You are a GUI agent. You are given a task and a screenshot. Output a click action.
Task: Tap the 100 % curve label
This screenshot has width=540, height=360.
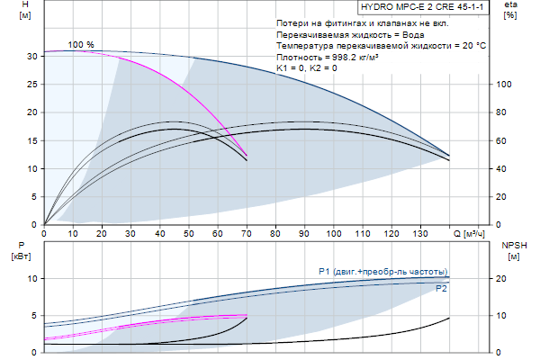[81, 44]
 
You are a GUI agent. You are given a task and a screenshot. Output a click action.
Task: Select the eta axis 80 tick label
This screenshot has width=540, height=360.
[505, 112]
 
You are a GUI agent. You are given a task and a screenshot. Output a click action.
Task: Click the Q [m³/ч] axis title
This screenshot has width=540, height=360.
[472, 235]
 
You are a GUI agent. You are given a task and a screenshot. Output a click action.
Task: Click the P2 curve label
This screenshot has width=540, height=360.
[441, 289]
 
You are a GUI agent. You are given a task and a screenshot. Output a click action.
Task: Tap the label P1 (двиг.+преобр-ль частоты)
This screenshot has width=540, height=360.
[383, 271]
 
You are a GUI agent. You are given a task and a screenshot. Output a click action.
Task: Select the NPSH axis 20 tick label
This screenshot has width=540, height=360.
[505, 279]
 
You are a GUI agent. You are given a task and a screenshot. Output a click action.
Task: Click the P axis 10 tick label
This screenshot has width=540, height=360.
[31, 279]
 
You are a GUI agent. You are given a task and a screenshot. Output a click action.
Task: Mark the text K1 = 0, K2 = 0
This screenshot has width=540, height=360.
[307, 68]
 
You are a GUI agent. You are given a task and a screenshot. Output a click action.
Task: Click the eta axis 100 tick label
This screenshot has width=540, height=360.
[505, 84]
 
